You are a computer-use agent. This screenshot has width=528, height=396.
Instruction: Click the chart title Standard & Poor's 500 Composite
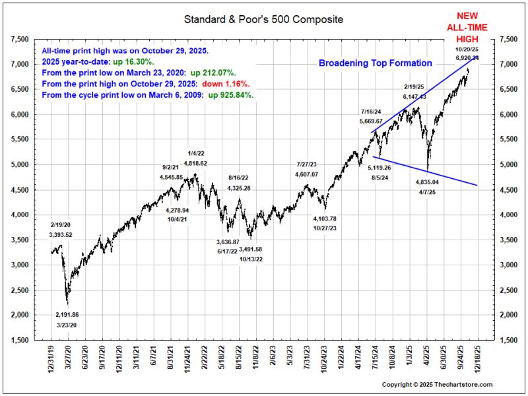[263, 19]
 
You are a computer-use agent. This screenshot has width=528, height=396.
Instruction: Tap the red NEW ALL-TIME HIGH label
[467, 27]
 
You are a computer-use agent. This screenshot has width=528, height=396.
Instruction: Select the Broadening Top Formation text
[375, 63]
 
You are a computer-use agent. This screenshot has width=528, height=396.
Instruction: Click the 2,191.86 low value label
[67, 315]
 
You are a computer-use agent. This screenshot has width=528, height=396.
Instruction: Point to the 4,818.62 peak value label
[195, 163]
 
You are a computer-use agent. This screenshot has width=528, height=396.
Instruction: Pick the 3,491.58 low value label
[251, 249]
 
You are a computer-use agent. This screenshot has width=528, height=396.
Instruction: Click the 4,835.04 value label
[427, 182]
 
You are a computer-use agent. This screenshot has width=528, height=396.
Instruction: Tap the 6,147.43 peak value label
[414, 96]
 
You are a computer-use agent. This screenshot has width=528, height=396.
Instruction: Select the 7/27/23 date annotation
[306, 164]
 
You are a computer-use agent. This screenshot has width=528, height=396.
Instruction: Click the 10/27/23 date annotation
[325, 228]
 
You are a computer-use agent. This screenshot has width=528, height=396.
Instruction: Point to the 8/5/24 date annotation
[380, 178]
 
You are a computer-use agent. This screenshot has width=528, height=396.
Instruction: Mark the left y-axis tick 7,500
[20, 40]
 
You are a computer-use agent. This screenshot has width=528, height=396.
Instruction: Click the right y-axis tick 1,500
[508, 340]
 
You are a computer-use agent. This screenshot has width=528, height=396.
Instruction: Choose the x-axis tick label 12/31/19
[51, 358]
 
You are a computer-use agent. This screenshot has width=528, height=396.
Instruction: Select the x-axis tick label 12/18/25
[478, 358]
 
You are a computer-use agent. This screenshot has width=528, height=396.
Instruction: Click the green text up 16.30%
[134, 62]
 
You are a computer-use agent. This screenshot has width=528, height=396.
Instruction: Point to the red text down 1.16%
[226, 84]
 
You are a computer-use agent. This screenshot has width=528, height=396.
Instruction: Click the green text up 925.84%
[231, 95]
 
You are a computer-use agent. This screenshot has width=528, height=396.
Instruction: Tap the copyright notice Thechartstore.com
[437, 384]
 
